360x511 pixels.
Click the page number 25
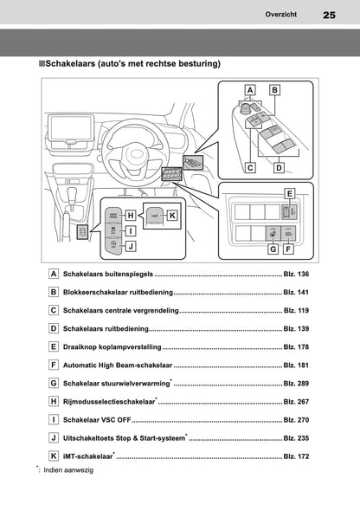coord(329,15)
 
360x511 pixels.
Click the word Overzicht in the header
coord(281,15)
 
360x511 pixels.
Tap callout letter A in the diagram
coord(250,90)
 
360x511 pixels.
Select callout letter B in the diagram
coord(274,90)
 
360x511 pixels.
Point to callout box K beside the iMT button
coord(172,216)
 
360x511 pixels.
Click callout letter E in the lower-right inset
coord(289,194)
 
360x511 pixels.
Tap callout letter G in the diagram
coord(273,249)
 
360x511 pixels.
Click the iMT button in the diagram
coord(155,216)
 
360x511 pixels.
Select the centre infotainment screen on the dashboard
coord(71,127)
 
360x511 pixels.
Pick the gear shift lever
coord(71,198)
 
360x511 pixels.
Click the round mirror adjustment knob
coord(245,107)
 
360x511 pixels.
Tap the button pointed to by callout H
coord(112,216)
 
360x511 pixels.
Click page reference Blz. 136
coord(296,274)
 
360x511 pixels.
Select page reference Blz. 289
coord(296,384)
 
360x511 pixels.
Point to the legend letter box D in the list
coord(54,328)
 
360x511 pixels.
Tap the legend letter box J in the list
coord(54,438)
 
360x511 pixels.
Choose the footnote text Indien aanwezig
coord(68,470)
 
